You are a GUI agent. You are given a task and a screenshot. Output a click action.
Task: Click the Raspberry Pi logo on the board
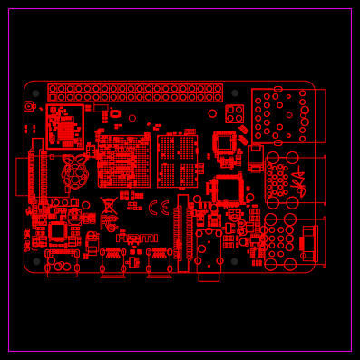click(x=75, y=171)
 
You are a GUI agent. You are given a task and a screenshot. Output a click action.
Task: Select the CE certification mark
click(x=159, y=208)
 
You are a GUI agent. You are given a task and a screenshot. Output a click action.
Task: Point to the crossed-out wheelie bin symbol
click(x=108, y=206)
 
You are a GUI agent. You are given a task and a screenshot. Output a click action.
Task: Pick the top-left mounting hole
click(x=35, y=92)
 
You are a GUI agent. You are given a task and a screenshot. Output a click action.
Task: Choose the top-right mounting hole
click(x=235, y=92)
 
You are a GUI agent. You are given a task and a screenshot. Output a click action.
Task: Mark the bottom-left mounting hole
click(x=35, y=261)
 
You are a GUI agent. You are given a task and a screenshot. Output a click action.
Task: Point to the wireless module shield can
click(x=65, y=127)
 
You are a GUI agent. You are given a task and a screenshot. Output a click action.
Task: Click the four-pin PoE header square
click(x=235, y=113)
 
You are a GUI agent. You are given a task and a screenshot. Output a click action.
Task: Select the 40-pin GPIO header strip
click(x=135, y=92)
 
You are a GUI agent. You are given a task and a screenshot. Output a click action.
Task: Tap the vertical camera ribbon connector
click(x=183, y=232)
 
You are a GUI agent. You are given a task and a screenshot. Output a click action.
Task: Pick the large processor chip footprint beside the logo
click(x=123, y=161)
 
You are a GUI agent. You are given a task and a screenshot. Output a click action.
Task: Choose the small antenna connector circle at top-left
click(x=29, y=107)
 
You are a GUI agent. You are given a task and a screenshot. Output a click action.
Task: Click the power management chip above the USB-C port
click(x=57, y=230)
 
